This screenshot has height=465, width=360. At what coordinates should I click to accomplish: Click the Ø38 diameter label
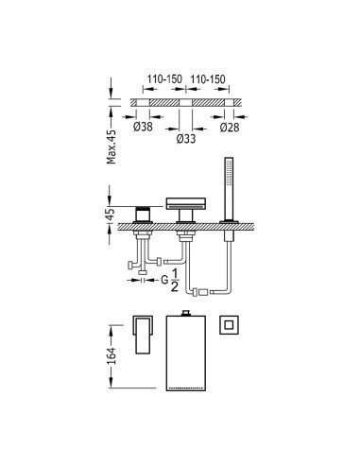(143, 127)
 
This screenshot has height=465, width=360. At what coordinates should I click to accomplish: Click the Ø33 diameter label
(186, 138)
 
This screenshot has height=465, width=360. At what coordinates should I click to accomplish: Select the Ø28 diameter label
(230, 127)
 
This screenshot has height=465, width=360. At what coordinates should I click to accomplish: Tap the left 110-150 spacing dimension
(164, 79)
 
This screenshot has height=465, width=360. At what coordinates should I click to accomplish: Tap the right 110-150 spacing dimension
(208, 79)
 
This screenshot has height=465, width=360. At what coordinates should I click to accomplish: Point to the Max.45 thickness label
(111, 146)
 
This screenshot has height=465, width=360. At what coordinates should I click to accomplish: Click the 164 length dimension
(111, 356)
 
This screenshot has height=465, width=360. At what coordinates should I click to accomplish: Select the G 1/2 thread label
(170, 280)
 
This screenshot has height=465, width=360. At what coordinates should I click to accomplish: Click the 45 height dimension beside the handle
(111, 215)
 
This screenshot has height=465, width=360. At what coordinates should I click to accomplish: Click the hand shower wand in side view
(229, 188)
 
